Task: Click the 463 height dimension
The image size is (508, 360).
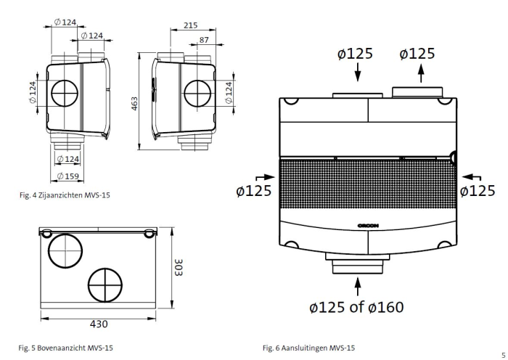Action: tap(135, 104)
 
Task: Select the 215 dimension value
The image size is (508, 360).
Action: tap(190, 25)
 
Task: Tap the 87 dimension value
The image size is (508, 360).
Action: tap(204, 39)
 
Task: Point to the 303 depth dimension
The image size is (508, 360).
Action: tap(179, 266)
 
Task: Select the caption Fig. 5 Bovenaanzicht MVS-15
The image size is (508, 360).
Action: tap(66, 348)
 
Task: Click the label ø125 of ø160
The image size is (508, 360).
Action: tap(356, 307)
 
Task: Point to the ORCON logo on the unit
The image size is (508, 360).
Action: tap(368, 226)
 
